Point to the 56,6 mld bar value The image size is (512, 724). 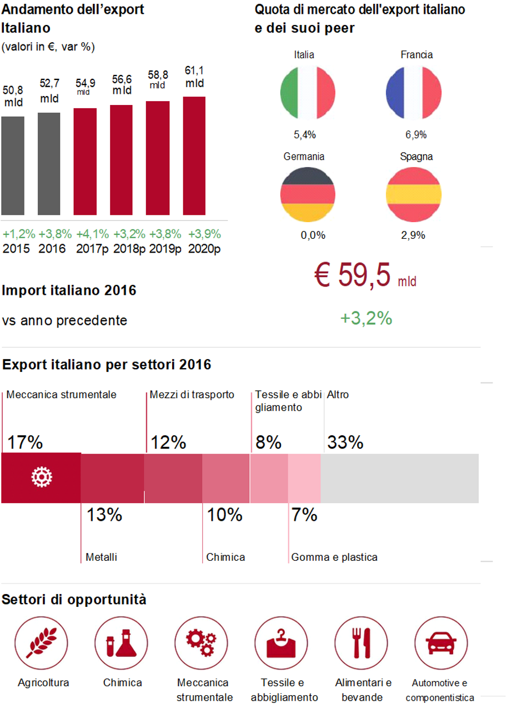tap(122, 85)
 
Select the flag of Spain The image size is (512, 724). tap(413, 195)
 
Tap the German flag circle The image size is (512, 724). tap(308, 195)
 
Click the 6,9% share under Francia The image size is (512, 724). tap(416, 135)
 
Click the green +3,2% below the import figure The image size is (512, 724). tap(366, 318)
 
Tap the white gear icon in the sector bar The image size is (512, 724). tap(41, 478)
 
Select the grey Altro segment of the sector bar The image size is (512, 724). tap(400, 478)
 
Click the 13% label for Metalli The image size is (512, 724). tap(104, 515)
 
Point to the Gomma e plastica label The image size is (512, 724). tap(334, 557)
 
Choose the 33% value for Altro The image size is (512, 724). tap(345, 443)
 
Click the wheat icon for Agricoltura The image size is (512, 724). tap(41, 643)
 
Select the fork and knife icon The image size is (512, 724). tap(360, 643)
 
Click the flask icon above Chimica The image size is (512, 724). tap(121, 643)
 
